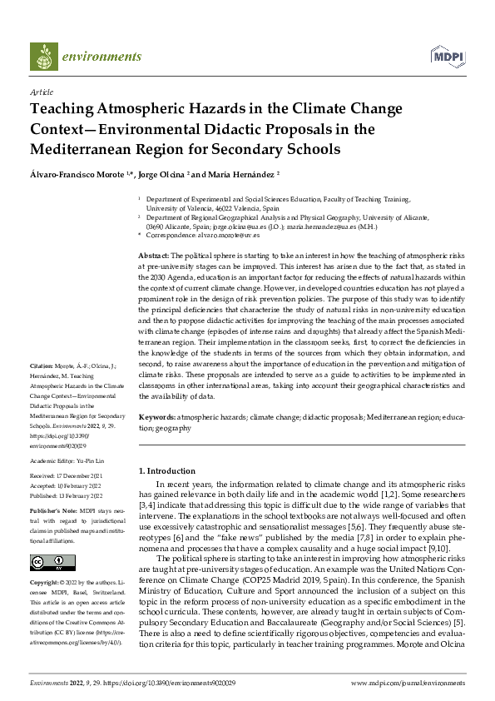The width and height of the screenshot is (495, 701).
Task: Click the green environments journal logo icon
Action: [43, 57]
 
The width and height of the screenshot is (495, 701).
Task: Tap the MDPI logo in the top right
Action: [447, 57]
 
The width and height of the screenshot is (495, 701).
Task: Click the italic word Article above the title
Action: [41, 92]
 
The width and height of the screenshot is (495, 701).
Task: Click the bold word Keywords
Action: [156, 415]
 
